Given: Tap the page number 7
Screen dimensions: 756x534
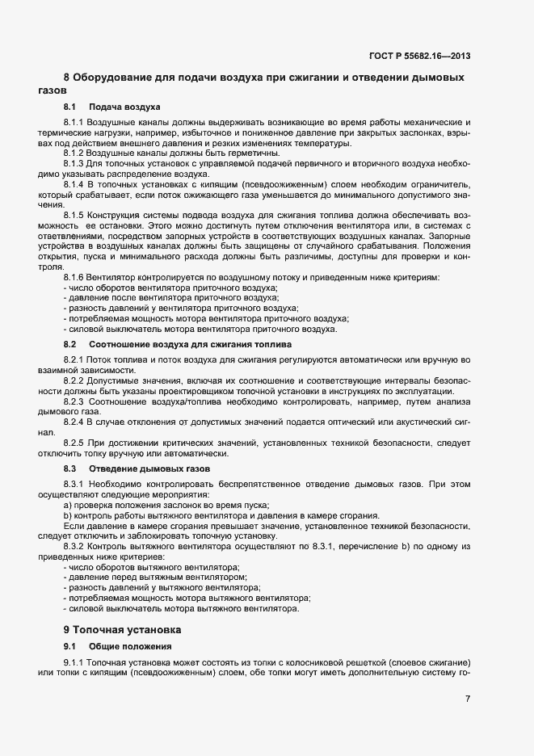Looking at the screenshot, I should pyautogui.click(x=468, y=698).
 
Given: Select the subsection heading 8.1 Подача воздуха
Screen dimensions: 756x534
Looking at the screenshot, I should pyautogui.click(x=112, y=107).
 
